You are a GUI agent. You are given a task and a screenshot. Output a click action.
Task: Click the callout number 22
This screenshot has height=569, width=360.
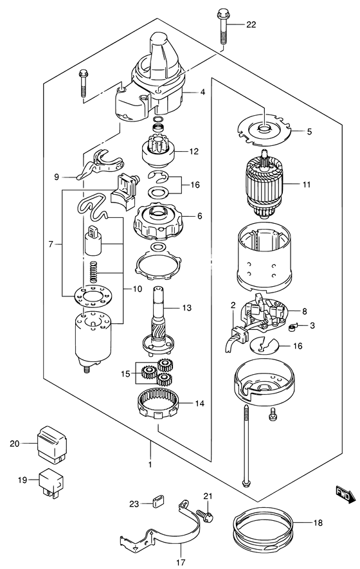[251, 25]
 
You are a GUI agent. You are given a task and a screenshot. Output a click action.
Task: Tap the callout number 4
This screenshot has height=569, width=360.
[203, 93]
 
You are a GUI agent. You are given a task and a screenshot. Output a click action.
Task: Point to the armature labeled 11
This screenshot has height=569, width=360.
[264, 185]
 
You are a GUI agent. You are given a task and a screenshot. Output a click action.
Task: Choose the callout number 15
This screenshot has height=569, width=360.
[126, 372]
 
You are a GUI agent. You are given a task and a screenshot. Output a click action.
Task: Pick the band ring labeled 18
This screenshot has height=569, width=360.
[264, 524]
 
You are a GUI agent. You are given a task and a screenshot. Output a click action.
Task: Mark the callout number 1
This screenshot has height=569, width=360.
[150, 464]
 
